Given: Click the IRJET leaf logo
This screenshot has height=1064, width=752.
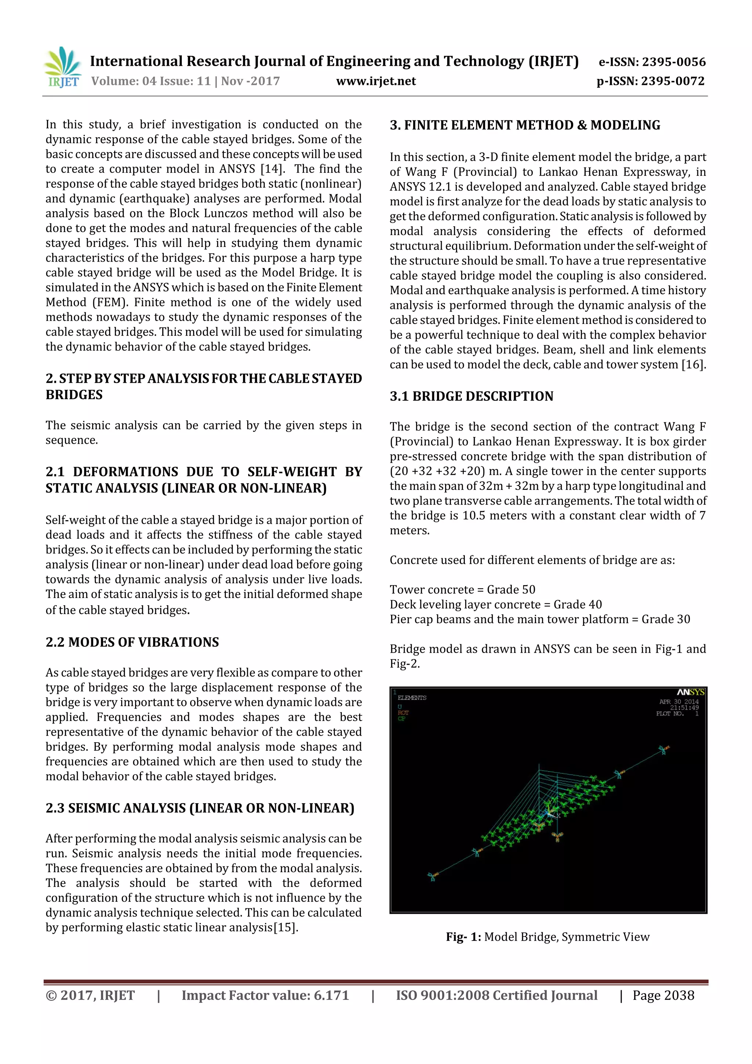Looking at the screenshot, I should pos(62,67).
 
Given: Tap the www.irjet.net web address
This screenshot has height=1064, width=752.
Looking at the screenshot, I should pos(376,81).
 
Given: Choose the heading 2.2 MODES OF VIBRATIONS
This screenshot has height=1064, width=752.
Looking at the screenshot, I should pos(132,642).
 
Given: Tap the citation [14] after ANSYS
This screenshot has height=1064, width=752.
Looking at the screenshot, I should pos(271,169).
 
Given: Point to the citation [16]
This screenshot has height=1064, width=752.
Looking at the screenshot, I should pos(694,365).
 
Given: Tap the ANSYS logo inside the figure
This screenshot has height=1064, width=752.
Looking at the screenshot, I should pos(690,692).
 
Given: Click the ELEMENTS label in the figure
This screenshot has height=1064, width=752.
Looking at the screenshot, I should pos(412,698).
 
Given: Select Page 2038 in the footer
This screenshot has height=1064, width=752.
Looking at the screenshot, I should pos(663,995).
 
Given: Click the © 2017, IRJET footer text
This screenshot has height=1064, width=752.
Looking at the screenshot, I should pos(90,995).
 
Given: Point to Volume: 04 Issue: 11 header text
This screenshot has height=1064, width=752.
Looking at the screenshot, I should pos(151,81).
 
